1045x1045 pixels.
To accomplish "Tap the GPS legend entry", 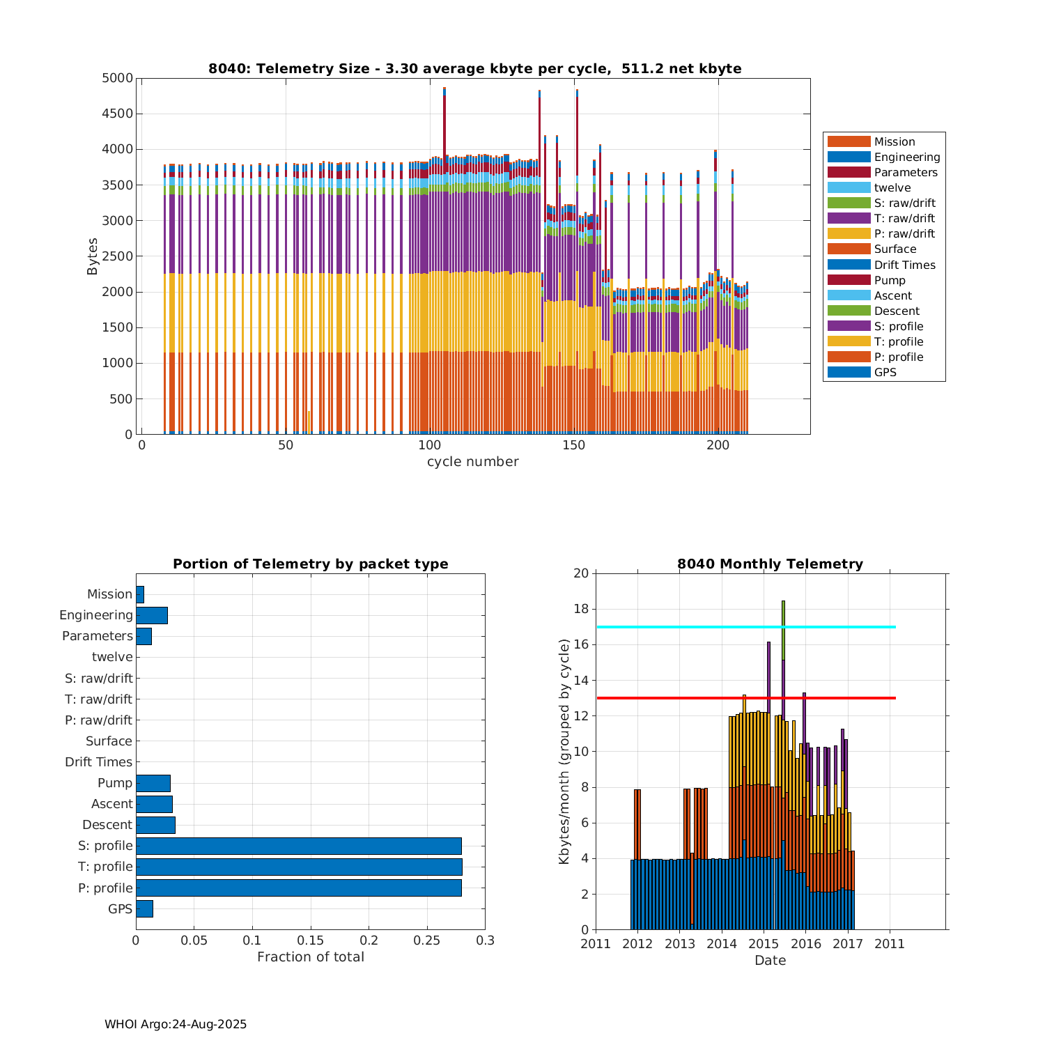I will [885, 372].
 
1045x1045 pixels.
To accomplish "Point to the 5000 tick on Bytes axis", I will [117, 78].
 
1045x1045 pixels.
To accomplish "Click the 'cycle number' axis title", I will [472, 462].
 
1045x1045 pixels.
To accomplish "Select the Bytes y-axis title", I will [93, 256].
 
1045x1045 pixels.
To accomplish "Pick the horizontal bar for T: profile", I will [299, 867].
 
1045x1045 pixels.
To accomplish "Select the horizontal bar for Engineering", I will [152, 615].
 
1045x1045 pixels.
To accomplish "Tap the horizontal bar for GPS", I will [144, 908].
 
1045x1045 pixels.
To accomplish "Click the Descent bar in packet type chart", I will [155, 825].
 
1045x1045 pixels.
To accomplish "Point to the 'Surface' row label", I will [109, 741].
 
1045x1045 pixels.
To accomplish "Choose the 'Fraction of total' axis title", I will [311, 957].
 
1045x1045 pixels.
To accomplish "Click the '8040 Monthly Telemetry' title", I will [770, 564].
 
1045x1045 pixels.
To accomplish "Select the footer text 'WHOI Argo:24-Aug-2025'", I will [176, 1024].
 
